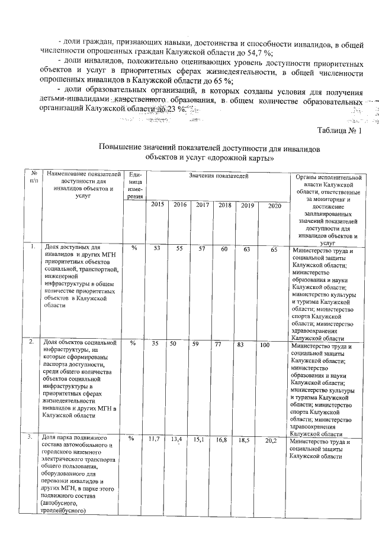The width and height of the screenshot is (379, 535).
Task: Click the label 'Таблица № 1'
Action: coord(339,131)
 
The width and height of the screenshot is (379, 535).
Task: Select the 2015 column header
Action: coord(158,205)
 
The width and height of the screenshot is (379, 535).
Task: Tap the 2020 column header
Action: coord(274,205)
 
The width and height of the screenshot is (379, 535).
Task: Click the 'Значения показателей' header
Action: coord(214,177)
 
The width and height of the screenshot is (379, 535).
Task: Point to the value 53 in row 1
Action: coord(157,249)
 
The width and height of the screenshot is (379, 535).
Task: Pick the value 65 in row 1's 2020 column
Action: coord(274,249)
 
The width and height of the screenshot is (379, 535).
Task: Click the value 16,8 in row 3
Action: coord(223,440)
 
